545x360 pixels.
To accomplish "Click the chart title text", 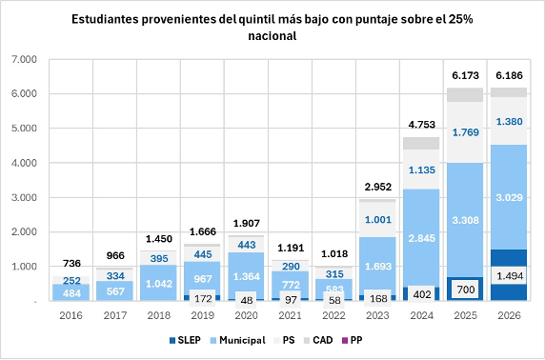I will (x=272, y=28).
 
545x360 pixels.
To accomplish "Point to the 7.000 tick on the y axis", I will (x=21, y=60).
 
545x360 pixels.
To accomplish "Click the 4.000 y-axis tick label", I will (x=21, y=163).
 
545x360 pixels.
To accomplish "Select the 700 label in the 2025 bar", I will (x=466, y=289).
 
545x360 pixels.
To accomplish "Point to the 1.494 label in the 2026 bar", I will (x=511, y=275).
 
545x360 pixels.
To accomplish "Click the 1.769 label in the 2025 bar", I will (x=466, y=132).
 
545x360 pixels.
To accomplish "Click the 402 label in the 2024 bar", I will (x=422, y=294).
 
